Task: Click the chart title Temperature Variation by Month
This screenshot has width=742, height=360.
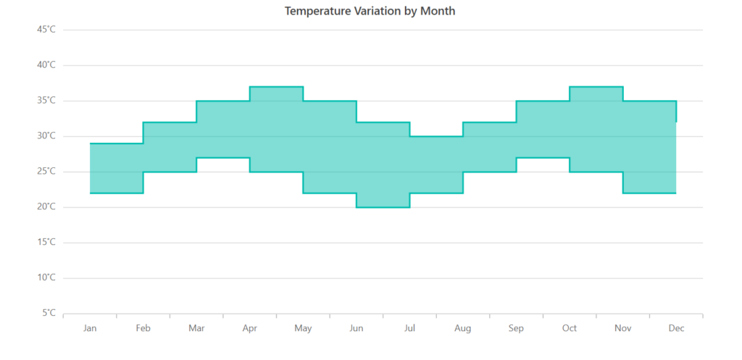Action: pos(370,11)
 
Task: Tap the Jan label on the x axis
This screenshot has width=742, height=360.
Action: pos(90,328)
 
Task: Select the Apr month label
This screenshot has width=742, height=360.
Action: pos(250,328)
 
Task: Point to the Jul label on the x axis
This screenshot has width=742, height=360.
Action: pos(409,328)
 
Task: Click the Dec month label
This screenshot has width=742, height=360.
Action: pos(676,328)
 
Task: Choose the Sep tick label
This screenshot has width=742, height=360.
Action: pos(516,328)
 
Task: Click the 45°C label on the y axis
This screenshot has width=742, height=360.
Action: pos(46,30)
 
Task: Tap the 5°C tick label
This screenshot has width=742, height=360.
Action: pos(49,314)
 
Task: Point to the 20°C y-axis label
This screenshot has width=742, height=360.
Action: pos(46,207)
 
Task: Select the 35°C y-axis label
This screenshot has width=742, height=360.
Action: pos(46,101)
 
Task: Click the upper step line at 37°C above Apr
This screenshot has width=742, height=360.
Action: pos(276,86)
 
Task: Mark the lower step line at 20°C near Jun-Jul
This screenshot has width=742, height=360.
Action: pos(383,207)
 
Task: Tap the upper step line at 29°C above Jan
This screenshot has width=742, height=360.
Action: pos(116,143)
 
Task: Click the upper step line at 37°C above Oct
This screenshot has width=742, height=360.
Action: pos(596,86)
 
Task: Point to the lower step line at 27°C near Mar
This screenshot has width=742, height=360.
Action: pos(222,157)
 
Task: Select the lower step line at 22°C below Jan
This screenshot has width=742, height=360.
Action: pos(116,193)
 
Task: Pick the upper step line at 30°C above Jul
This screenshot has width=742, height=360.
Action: pos(436,136)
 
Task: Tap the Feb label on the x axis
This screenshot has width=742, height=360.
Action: pos(143,328)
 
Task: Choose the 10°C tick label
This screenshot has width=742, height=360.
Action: pos(46,278)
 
